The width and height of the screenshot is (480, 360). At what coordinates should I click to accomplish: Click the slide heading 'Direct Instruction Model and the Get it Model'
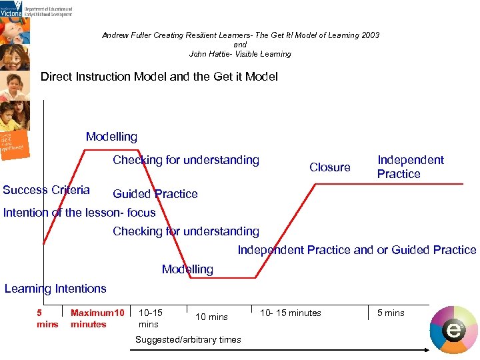(x=159, y=77)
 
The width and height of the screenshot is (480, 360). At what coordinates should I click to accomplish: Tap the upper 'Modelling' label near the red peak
(x=111, y=137)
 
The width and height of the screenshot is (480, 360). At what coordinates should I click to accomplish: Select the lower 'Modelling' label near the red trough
(x=187, y=269)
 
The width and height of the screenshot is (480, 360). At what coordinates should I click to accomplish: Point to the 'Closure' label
(x=329, y=167)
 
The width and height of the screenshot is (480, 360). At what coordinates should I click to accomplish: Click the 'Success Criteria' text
(x=46, y=190)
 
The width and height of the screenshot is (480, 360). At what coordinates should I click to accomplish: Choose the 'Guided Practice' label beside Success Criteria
(x=155, y=194)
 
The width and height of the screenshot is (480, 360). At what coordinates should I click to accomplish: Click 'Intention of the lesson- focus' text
(x=79, y=213)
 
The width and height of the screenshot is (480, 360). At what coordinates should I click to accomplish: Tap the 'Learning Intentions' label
(x=55, y=289)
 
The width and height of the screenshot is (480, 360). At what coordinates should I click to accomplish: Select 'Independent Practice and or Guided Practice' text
(x=357, y=250)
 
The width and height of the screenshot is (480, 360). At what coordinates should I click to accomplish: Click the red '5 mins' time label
(x=47, y=319)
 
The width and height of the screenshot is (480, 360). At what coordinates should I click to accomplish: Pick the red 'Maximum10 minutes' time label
(x=97, y=319)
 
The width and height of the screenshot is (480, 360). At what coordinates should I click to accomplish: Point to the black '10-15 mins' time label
(x=149, y=318)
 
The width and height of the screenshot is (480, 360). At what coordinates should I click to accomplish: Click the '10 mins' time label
(x=211, y=317)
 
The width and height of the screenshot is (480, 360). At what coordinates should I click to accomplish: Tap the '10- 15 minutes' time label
(x=290, y=313)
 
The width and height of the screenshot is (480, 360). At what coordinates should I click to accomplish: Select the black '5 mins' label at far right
(x=391, y=313)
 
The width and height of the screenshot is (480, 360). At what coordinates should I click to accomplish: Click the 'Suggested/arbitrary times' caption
(x=188, y=340)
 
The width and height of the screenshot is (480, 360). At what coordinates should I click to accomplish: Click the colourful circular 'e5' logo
(x=453, y=329)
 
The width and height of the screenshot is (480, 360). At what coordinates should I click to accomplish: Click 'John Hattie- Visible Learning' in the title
(x=240, y=54)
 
